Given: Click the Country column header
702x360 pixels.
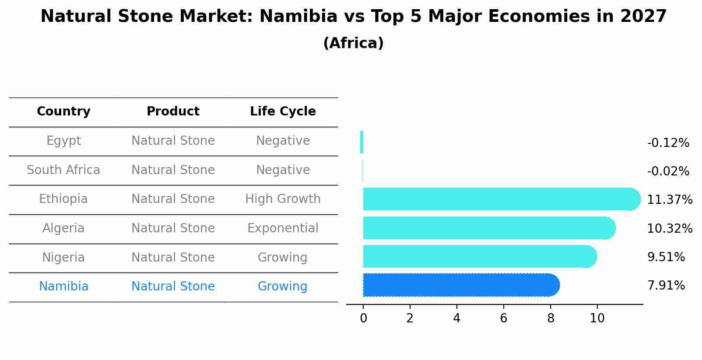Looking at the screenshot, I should point(63,112).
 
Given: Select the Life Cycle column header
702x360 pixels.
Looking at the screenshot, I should point(283,112).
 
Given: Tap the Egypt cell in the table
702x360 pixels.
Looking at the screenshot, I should point(63,141).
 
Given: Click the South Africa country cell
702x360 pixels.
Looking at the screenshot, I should point(63,170).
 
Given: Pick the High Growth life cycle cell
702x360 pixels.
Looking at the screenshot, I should point(283,199).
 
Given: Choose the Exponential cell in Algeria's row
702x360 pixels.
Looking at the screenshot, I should point(283,228).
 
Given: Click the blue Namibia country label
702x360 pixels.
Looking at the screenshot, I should point(63,287).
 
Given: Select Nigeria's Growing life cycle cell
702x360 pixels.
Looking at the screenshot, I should point(283,258).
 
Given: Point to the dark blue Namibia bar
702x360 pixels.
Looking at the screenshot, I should point(460,285).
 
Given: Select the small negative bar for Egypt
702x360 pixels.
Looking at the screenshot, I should point(362,142).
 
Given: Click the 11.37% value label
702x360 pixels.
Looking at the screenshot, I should point(670,200).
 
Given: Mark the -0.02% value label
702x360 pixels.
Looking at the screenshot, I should point(668,171).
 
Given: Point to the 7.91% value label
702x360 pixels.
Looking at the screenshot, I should point(666,286).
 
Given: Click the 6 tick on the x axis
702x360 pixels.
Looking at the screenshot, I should point(503,318).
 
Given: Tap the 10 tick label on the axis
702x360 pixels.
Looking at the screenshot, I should point(597,318).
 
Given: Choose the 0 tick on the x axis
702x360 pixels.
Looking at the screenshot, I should point(363,318).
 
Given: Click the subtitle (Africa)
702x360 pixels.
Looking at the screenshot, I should point(353,43).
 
